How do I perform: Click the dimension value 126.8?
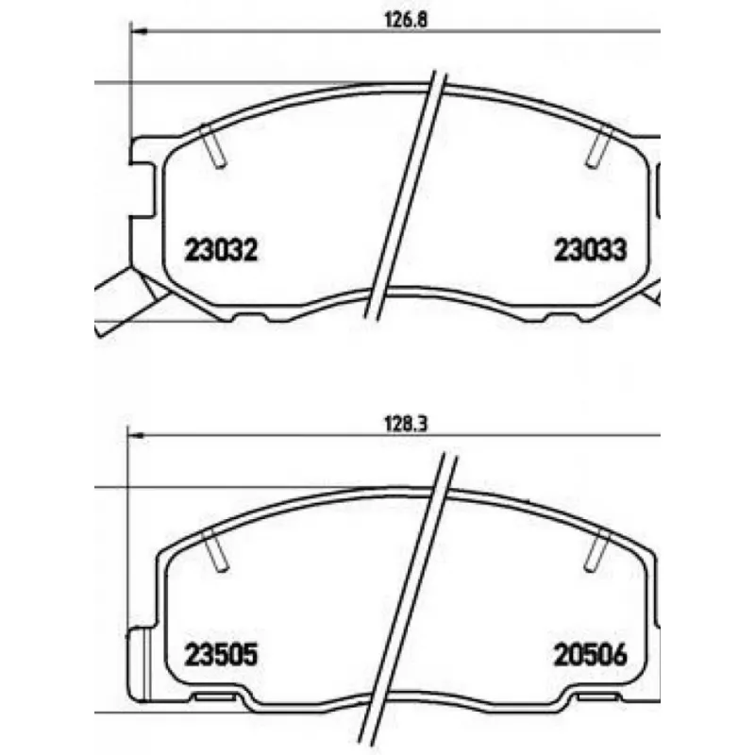coord(406,20)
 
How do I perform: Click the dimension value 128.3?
coord(406,424)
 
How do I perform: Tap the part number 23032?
coord(221,250)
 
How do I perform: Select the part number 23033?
coord(591,250)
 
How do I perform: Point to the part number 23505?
coord(221,654)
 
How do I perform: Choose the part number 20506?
coord(591,654)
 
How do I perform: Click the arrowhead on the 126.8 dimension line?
coord(139,31)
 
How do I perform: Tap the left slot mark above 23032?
coord(213,147)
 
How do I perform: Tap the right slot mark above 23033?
coord(598,147)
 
